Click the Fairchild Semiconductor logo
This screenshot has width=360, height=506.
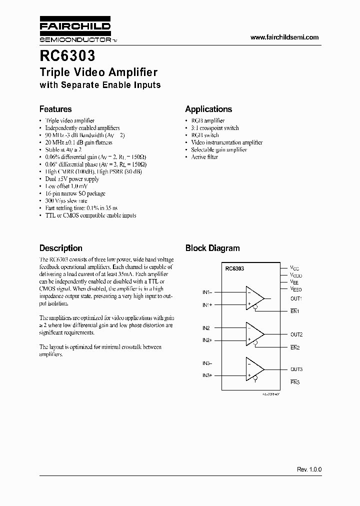[x=75, y=31]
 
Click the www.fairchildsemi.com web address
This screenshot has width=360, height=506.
[x=284, y=37]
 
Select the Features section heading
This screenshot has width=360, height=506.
[x=55, y=109]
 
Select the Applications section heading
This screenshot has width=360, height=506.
[x=208, y=109]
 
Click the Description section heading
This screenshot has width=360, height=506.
[x=60, y=248]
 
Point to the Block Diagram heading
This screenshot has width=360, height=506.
[x=212, y=248]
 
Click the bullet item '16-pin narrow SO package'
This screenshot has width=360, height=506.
[x=75, y=193]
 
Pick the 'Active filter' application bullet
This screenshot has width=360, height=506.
[x=204, y=157]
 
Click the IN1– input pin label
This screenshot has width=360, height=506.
[x=207, y=292]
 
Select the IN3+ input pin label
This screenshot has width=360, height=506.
[x=207, y=375]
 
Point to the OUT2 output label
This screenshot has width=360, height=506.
[x=296, y=334]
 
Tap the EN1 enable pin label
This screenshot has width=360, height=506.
[x=294, y=311]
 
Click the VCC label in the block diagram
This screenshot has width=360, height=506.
[x=295, y=268]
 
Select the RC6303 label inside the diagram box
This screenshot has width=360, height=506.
[x=234, y=268]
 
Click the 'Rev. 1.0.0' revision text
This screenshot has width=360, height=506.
[x=309, y=469]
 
